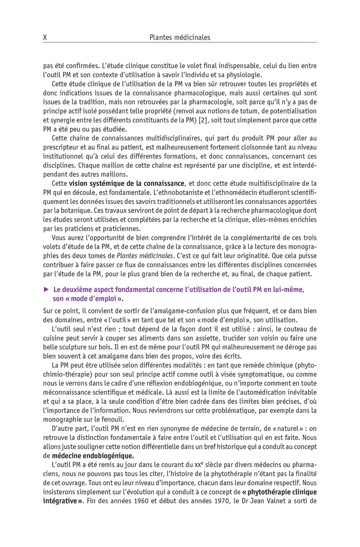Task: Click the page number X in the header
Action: click(45, 37)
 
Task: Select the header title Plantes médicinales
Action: click(179, 37)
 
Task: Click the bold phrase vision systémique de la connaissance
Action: click(127, 183)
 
